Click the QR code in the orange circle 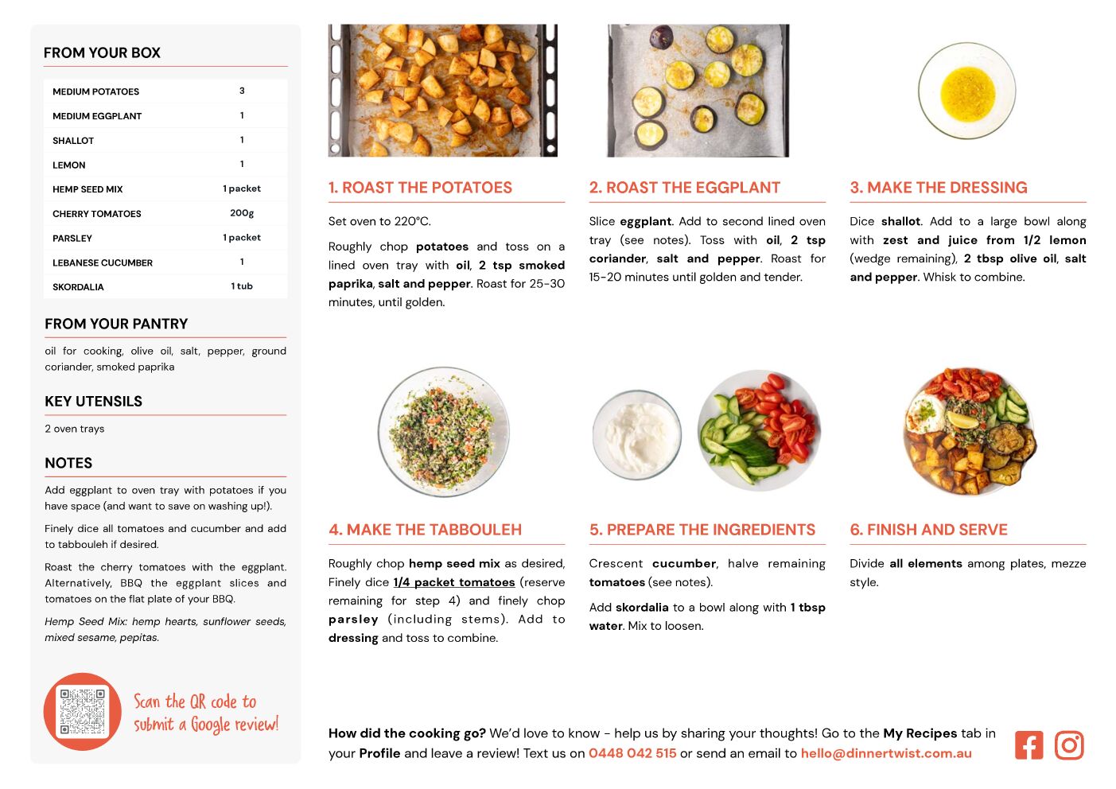(83, 712)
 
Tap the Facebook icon (1029, 745)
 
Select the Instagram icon (1069, 745)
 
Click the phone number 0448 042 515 (632, 753)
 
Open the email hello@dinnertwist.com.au (886, 753)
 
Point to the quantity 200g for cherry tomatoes (242, 213)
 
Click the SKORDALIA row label (78, 287)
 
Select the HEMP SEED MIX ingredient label (87, 189)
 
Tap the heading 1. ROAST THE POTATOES (420, 188)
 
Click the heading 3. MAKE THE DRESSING (939, 188)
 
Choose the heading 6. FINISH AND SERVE (928, 530)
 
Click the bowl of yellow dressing (966, 91)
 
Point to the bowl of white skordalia (637, 435)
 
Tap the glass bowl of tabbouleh (443, 433)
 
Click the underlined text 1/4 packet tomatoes (454, 582)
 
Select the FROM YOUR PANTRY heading (116, 324)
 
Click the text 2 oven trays (75, 429)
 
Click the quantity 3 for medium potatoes (242, 91)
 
